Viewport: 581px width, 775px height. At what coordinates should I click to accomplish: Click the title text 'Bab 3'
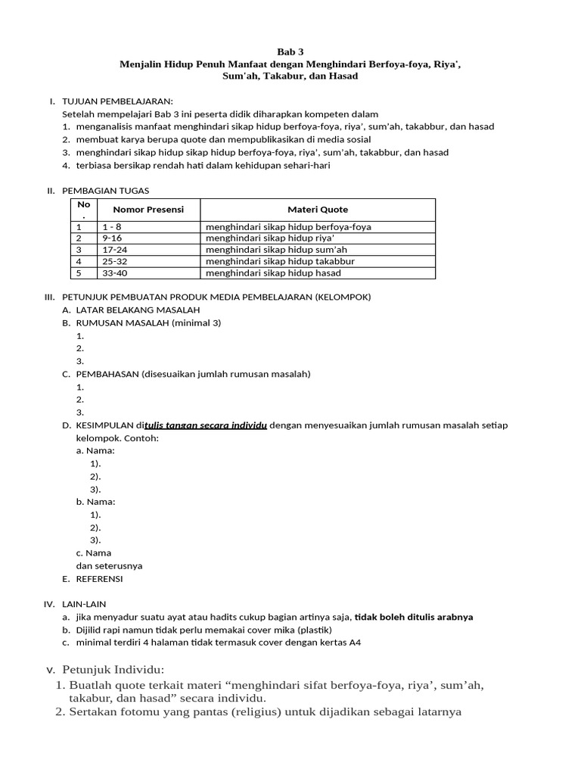coord(290,52)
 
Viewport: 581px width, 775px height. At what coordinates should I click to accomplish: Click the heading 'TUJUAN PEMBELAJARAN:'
coord(117,101)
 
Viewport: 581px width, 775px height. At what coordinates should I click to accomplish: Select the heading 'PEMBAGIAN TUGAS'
coord(110,191)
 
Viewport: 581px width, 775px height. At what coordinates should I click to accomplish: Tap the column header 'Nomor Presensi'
coord(148,210)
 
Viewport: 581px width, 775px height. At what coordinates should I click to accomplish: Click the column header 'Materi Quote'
coord(318,210)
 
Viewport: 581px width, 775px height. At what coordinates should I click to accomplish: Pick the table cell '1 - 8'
coord(112,227)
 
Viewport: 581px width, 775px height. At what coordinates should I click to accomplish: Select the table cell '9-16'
coord(111,238)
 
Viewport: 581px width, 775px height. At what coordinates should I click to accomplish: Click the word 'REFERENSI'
coord(99,579)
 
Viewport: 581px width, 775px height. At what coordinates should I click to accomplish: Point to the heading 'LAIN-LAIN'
coord(84,604)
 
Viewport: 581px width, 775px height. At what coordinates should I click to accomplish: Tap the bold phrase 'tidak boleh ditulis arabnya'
coord(414,617)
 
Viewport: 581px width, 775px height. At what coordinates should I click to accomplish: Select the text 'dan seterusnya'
coord(109,566)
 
